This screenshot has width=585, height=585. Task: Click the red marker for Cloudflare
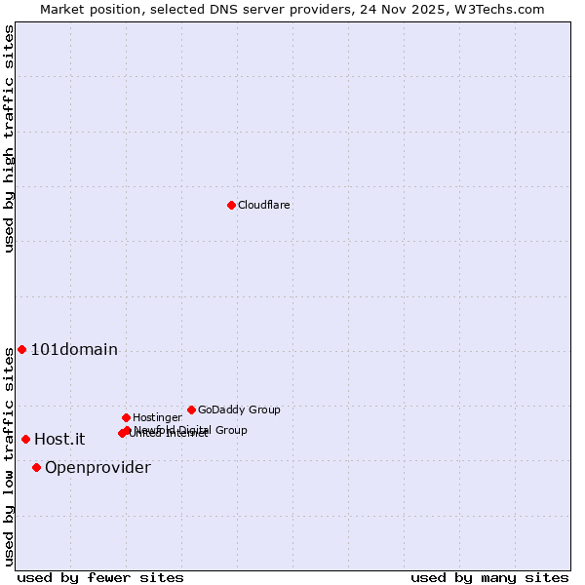point(231,205)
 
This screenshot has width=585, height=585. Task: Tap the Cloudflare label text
point(263,205)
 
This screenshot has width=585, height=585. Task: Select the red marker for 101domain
point(21,349)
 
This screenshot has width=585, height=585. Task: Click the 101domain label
point(74,350)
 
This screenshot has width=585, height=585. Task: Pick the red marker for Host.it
point(25,439)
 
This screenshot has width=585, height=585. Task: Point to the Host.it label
point(59,440)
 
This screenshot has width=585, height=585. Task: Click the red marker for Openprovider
point(36,467)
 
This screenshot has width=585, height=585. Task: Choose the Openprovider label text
point(97,468)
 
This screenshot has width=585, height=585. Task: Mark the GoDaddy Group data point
point(191,409)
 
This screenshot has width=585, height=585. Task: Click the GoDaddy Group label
point(239,409)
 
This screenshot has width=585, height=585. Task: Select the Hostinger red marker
point(126,417)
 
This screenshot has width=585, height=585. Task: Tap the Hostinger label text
point(157,417)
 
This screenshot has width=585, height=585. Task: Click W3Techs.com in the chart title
point(497,9)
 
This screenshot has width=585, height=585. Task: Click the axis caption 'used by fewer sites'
point(100,577)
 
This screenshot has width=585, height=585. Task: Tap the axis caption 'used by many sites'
point(489,577)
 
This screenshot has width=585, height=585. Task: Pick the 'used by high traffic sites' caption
point(9,138)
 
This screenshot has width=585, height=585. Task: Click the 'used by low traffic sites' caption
point(9,456)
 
